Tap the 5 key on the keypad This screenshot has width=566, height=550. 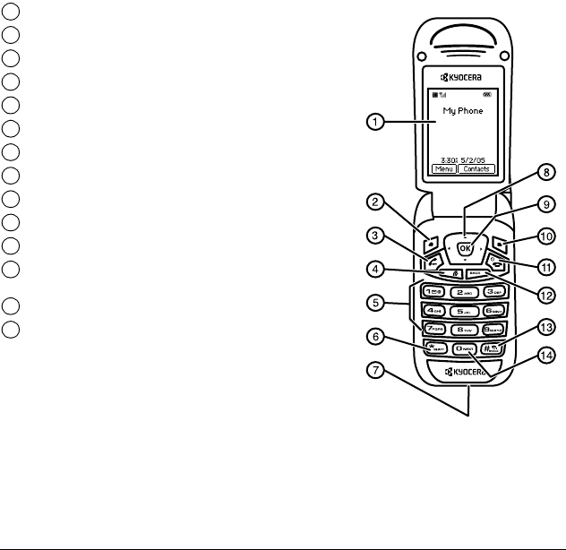pos(465,311)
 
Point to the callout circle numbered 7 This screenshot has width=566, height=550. pos(378,370)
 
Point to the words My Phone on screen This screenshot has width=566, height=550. pos(463,111)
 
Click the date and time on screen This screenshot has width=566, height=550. pos(463,154)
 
